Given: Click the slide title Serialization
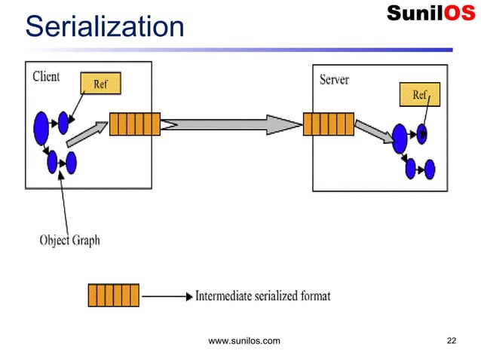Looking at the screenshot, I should (104, 26).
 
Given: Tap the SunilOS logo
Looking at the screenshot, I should (430, 14).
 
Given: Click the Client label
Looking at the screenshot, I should (47, 77).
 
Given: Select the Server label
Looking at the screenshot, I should (334, 79).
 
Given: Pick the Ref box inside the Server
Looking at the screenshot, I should (419, 96).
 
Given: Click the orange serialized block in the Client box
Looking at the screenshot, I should (134, 124).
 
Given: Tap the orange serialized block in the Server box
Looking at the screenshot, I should (328, 124).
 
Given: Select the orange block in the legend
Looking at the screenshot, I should (114, 295).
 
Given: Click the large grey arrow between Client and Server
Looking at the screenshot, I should (231, 124).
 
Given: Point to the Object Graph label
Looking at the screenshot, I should (69, 240).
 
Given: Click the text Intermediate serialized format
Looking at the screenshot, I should (262, 295).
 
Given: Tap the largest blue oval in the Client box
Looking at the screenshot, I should (41, 128).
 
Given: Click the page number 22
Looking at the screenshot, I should (452, 342).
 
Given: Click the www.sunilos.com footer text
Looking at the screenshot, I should (244, 342).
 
